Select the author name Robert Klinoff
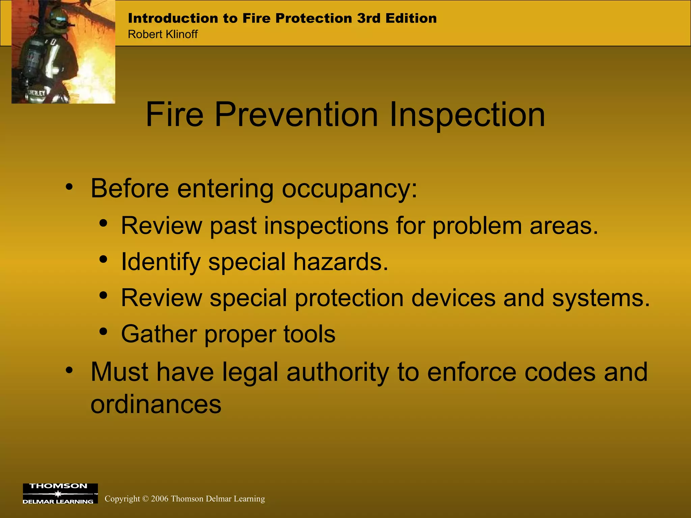pos(163,34)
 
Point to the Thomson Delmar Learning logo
pos(60,493)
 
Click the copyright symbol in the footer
pos(145,499)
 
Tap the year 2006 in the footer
pos(160,499)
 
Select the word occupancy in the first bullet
pos(349,189)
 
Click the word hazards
pos(340,262)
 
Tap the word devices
pos(453,298)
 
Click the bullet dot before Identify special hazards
pos(104,260)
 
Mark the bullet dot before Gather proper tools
pos(104,332)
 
